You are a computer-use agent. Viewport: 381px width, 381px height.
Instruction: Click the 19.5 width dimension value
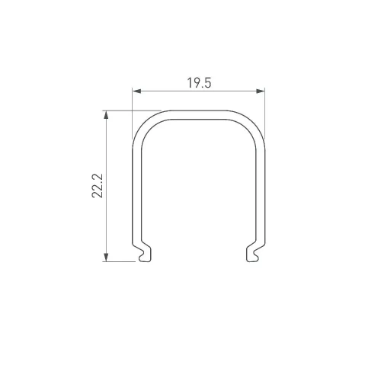click(x=199, y=83)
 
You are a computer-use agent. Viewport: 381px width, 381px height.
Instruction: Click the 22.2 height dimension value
click(x=98, y=186)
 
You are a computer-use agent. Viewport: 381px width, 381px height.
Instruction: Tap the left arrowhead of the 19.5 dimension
click(x=136, y=91)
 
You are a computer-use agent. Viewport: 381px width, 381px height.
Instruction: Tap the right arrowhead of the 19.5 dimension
click(x=261, y=91)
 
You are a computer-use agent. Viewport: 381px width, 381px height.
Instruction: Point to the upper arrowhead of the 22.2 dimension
click(x=106, y=115)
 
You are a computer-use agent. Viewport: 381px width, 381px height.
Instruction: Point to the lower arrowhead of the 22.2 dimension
click(x=106, y=258)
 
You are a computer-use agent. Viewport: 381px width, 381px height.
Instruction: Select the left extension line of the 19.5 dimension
click(x=133, y=114)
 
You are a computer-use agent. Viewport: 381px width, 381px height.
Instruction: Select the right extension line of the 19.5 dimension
click(x=265, y=114)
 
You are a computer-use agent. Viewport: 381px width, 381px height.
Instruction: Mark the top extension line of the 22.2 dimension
click(x=132, y=110)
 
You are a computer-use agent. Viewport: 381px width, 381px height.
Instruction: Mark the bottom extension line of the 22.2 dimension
click(x=119, y=261)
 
